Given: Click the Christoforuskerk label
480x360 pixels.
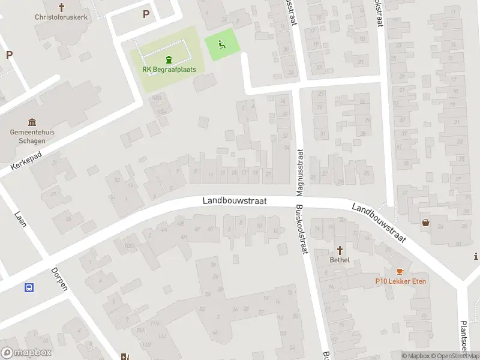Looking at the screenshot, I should (x=61, y=17).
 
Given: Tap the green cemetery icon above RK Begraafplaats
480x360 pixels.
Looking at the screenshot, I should (x=169, y=59).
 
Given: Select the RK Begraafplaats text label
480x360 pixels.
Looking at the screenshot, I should (x=169, y=69).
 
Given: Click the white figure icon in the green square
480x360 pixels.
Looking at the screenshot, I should (x=221, y=44).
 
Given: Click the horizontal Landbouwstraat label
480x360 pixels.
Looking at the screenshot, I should (x=235, y=201).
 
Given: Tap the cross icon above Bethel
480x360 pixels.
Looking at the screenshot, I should (x=340, y=250).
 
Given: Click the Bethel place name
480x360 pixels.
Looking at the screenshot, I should (x=340, y=260).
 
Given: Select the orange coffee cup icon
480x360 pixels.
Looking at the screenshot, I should (x=400, y=271).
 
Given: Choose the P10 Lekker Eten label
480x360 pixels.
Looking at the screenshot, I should (x=401, y=281).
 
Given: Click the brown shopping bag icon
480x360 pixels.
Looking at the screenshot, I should (x=425, y=223).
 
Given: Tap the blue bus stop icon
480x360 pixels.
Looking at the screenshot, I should (x=29, y=287).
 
